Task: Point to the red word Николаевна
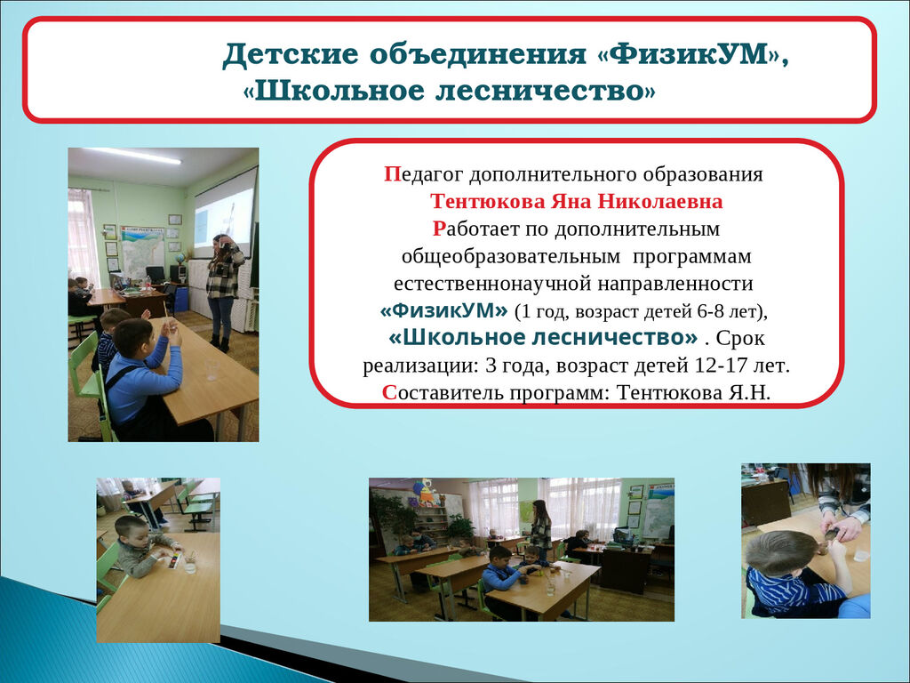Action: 660,201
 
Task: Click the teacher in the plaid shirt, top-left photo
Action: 223,292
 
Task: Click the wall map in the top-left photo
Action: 142,253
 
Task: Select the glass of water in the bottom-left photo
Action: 190,564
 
